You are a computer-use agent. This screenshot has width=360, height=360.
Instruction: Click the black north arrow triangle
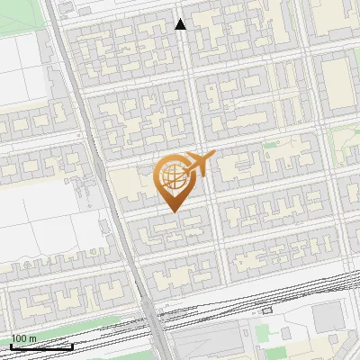pyautogui.click(x=181, y=24)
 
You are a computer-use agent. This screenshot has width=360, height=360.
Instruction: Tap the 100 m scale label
pyautogui.click(x=23, y=338)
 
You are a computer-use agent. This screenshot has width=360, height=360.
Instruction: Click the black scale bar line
pyautogui.click(x=41, y=346)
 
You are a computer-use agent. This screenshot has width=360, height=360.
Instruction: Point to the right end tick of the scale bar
pyautogui.click(x=72, y=345)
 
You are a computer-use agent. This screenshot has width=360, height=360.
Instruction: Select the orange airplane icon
pyautogui.click(x=198, y=164)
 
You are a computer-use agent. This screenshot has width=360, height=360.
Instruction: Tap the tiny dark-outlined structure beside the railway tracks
pyautogui.click(x=267, y=308)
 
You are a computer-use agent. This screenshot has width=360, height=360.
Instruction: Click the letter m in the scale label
pyautogui.click(x=32, y=338)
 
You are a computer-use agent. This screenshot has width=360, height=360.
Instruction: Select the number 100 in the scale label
pyautogui.click(x=19, y=338)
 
